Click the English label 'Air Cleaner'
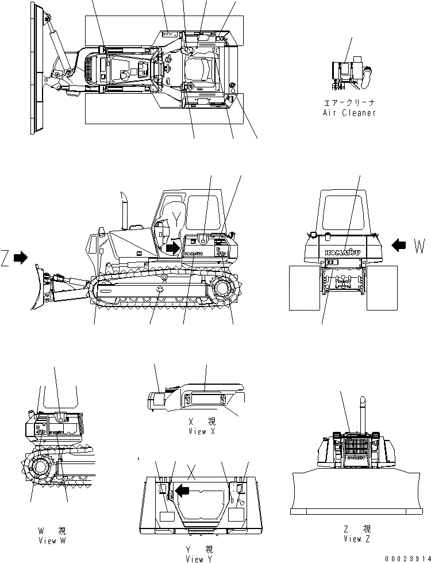(x=349, y=113)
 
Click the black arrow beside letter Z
(x=21, y=258)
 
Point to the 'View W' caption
(x=55, y=541)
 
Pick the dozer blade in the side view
(x=41, y=286)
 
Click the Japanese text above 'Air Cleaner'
(x=349, y=104)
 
